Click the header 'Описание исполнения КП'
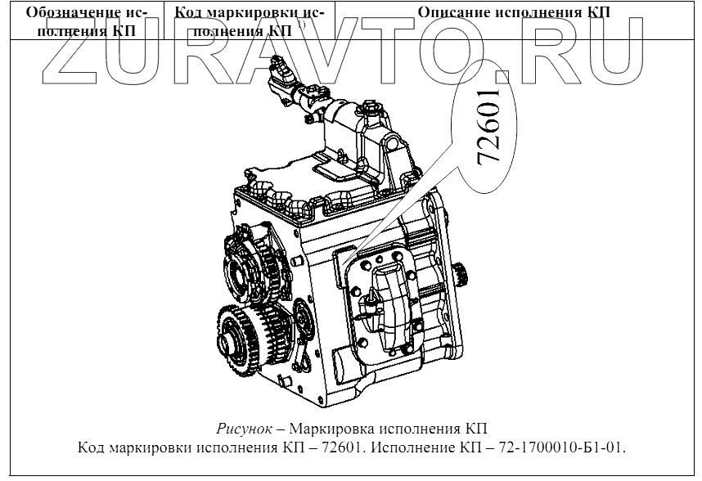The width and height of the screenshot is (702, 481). coord(514,12)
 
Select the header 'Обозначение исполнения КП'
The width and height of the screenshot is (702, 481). coord(87,21)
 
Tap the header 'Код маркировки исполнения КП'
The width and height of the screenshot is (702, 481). coord(250,21)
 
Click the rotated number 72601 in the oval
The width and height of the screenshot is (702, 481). coord(488,128)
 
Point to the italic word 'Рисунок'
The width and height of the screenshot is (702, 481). coord(245,429)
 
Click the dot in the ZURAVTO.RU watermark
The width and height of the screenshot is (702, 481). coord(502,76)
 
